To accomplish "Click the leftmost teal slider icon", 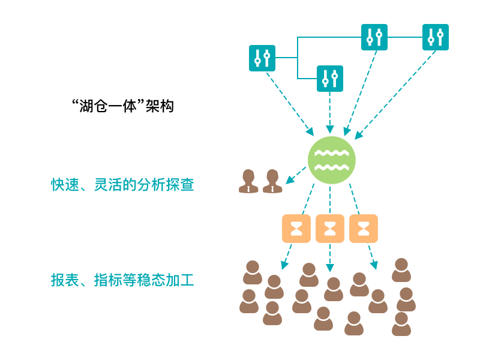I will point(262,58).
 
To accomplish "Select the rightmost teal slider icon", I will point(435,37).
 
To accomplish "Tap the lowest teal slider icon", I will point(329,79).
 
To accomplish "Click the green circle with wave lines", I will point(331,160).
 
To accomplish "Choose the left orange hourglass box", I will point(296,229).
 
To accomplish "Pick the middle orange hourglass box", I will point(330,229).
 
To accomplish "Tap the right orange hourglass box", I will point(364,229).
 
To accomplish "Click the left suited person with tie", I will point(248,181).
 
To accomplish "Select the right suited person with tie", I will point(272,181).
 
